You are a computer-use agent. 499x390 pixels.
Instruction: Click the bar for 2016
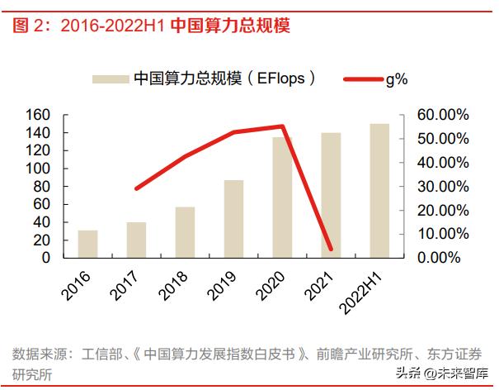click(87, 244)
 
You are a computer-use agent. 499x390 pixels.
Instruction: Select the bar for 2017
click(136, 240)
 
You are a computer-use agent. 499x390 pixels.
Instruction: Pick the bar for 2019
click(233, 219)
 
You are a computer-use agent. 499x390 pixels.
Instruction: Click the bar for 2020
click(282, 197)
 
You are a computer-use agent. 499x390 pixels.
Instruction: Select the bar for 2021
click(331, 195)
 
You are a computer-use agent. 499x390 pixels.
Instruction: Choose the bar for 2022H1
click(379, 191)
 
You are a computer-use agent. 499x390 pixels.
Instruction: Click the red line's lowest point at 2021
click(331, 249)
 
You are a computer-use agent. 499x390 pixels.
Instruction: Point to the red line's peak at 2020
click(282, 126)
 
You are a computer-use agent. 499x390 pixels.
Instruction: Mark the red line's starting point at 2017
click(136, 188)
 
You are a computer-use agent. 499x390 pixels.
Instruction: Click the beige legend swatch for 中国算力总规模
click(109, 78)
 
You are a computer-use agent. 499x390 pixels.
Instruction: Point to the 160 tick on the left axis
click(40, 115)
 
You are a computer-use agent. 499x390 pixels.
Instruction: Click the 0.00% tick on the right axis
click(445, 258)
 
